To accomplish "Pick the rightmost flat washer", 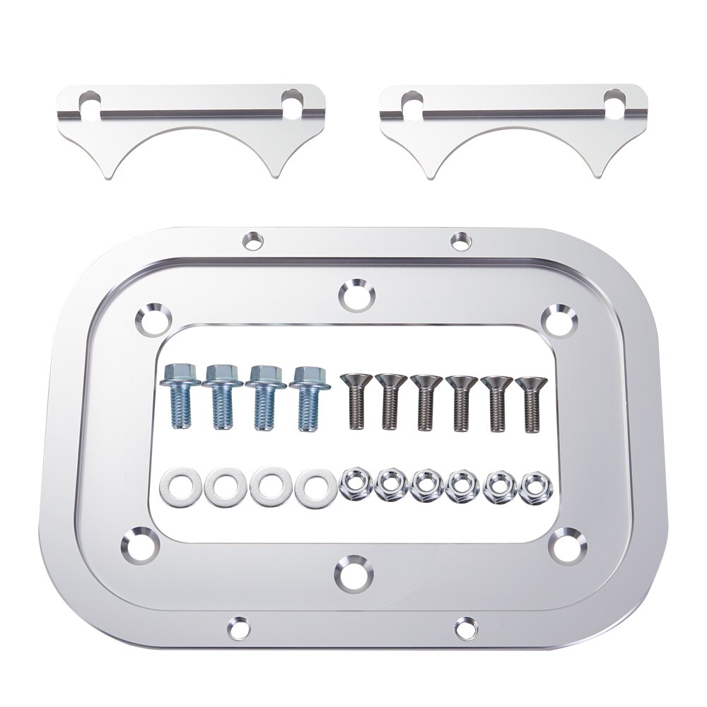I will point(315,487).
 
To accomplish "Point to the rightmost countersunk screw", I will point(532,403).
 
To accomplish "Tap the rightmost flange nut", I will point(532,487).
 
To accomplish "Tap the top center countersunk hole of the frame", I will point(356,296).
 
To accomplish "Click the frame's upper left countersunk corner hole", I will point(153,319).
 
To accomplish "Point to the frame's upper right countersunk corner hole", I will point(559,319).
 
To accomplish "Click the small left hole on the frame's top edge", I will point(252,240).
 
